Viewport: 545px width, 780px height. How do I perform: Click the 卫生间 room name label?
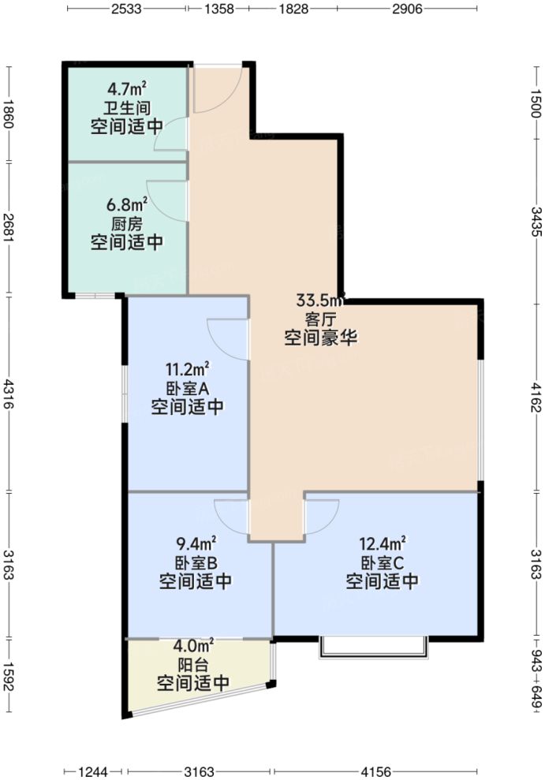pyautogui.click(x=126, y=107)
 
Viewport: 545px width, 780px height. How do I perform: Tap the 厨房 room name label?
pyautogui.click(x=126, y=224)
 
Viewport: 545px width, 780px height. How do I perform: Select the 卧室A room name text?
pyautogui.click(x=186, y=388)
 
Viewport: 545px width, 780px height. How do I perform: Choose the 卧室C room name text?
pyautogui.click(x=382, y=563)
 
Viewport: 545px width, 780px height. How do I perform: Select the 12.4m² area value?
pyautogui.click(x=382, y=543)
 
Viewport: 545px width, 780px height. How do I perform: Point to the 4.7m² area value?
pyautogui.click(x=126, y=89)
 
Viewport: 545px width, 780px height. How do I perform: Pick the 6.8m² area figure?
pyautogui.click(x=126, y=205)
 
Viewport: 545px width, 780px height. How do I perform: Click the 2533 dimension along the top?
pyautogui.click(x=126, y=9)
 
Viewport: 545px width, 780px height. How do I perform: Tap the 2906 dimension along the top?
pyautogui.click(x=407, y=9)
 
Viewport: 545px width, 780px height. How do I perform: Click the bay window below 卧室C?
pyautogui.click(x=375, y=648)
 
